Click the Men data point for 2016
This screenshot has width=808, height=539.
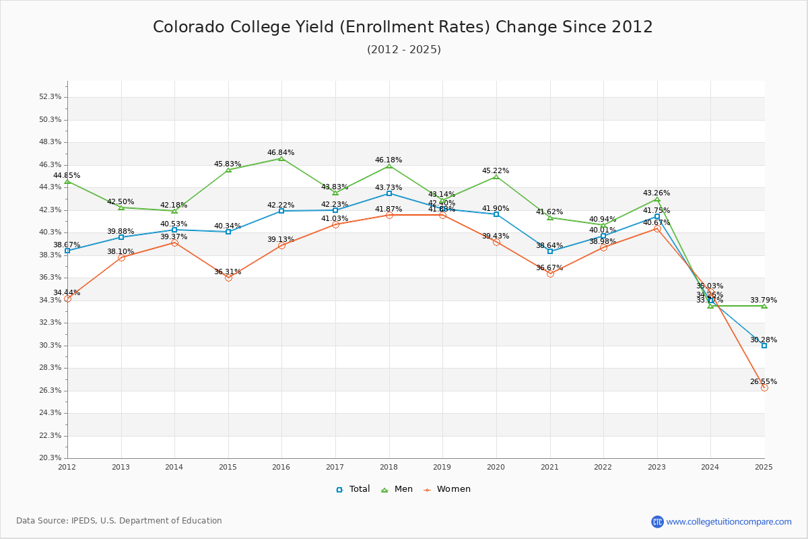tap(281, 158)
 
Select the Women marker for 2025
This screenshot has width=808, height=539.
tap(764, 387)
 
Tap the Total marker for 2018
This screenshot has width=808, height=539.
tap(389, 193)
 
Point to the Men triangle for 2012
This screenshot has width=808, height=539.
tap(67, 181)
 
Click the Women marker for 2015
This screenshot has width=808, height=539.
tap(228, 278)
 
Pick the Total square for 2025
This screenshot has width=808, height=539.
tap(764, 346)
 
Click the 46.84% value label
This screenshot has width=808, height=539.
tap(281, 153)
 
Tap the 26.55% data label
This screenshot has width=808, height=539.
tap(764, 381)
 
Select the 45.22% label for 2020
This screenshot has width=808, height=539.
tap(496, 171)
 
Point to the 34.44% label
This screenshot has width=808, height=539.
tap(67, 292)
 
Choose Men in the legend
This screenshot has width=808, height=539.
tap(397, 489)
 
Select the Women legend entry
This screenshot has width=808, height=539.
tap(447, 489)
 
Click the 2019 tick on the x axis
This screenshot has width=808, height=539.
tap(442, 466)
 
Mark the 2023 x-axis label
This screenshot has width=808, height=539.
tap(656, 466)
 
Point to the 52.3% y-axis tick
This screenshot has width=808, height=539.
tap(50, 97)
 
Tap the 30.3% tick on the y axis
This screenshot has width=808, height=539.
tap(50, 345)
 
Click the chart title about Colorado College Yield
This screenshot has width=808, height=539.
tap(403, 27)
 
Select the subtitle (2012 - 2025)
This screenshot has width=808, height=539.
tap(403, 50)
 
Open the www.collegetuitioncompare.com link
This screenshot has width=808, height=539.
tap(729, 521)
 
